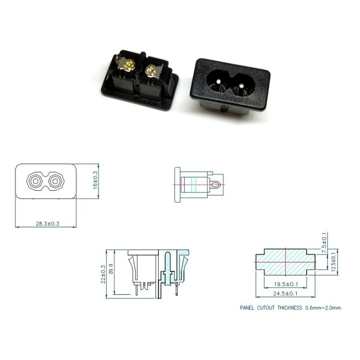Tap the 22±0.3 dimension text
[x=103, y=274]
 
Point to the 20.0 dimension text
[x=111, y=271]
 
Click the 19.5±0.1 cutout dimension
[x=286, y=284]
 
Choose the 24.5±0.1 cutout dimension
[x=286, y=293]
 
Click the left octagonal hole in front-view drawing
[x=35, y=181]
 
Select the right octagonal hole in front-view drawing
[x=56, y=181]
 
